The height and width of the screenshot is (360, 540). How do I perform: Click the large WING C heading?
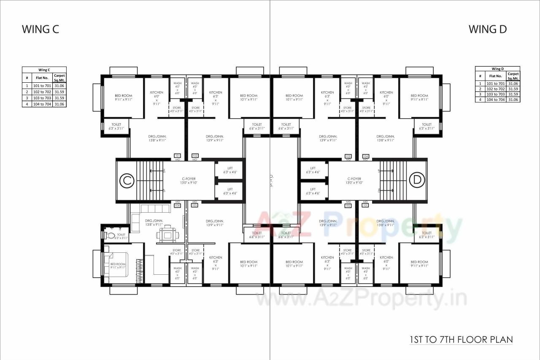[x=40, y=29]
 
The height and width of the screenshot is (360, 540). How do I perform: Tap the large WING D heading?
[x=488, y=29]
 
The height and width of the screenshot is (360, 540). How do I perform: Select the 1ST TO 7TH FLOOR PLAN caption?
[x=461, y=339]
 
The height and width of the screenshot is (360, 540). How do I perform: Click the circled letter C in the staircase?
[x=126, y=181]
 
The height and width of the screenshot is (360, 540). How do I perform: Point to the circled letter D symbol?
[x=417, y=180]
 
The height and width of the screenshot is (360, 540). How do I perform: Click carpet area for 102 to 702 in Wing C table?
[x=59, y=92]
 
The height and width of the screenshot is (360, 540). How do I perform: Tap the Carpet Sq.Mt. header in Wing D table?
[x=513, y=76]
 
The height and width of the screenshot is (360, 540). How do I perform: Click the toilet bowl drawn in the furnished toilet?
[x=111, y=235]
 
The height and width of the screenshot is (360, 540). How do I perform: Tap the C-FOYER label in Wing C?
[x=189, y=181]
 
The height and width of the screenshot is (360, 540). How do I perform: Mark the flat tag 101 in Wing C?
[x=177, y=156]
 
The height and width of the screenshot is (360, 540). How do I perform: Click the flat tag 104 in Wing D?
[x=365, y=156]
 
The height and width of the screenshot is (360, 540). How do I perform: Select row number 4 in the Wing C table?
[x=27, y=104]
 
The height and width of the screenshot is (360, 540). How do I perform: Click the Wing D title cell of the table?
[x=497, y=69]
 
